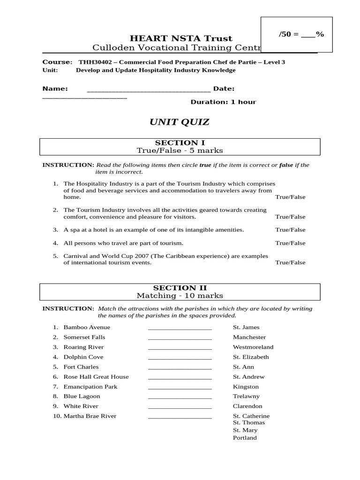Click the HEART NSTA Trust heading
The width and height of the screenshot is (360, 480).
pyautogui.click(x=180, y=38)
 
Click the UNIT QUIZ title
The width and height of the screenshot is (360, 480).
pyautogui.click(x=180, y=122)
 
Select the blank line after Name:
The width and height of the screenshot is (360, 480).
pyautogui.click(x=149, y=90)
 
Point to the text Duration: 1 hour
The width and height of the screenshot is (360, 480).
pyautogui.click(x=223, y=102)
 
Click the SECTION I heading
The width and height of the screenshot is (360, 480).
pyautogui.click(x=180, y=142)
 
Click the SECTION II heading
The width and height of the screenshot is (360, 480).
pyautogui.click(x=180, y=288)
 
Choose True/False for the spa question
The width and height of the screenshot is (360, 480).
pyautogui.click(x=290, y=230)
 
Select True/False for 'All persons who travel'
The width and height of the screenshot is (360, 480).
pyautogui.click(x=290, y=243)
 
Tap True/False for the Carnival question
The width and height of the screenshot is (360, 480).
pyautogui.click(x=290, y=263)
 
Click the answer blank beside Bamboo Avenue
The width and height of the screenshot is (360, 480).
pyautogui.click(x=180, y=328)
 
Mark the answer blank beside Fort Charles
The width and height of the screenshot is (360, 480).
pyautogui.click(x=180, y=367)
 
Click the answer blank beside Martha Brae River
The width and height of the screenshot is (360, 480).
pyautogui.click(x=180, y=417)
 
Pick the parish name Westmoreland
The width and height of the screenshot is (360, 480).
pyautogui.click(x=253, y=347)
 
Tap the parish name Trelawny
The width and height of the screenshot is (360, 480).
pyautogui.click(x=246, y=397)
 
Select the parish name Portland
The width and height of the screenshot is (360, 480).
pyautogui.click(x=245, y=438)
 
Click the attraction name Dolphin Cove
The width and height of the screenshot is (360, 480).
pyautogui.click(x=83, y=357)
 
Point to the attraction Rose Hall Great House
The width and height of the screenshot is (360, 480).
pyautogui.click(x=96, y=377)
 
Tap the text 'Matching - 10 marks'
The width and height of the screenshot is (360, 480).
pyautogui.click(x=180, y=296)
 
